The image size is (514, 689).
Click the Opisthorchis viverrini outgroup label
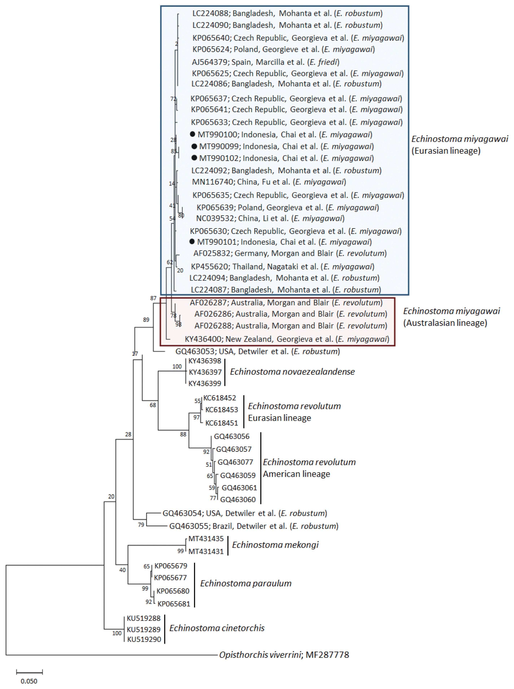point(284,655)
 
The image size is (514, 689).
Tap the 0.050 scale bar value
point(29,681)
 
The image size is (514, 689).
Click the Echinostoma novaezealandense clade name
point(293,371)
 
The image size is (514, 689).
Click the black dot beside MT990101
point(192,241)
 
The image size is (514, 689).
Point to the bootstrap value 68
point(153,405)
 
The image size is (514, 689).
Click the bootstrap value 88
point(183,434)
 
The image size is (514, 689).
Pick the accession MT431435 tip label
point(206,539)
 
